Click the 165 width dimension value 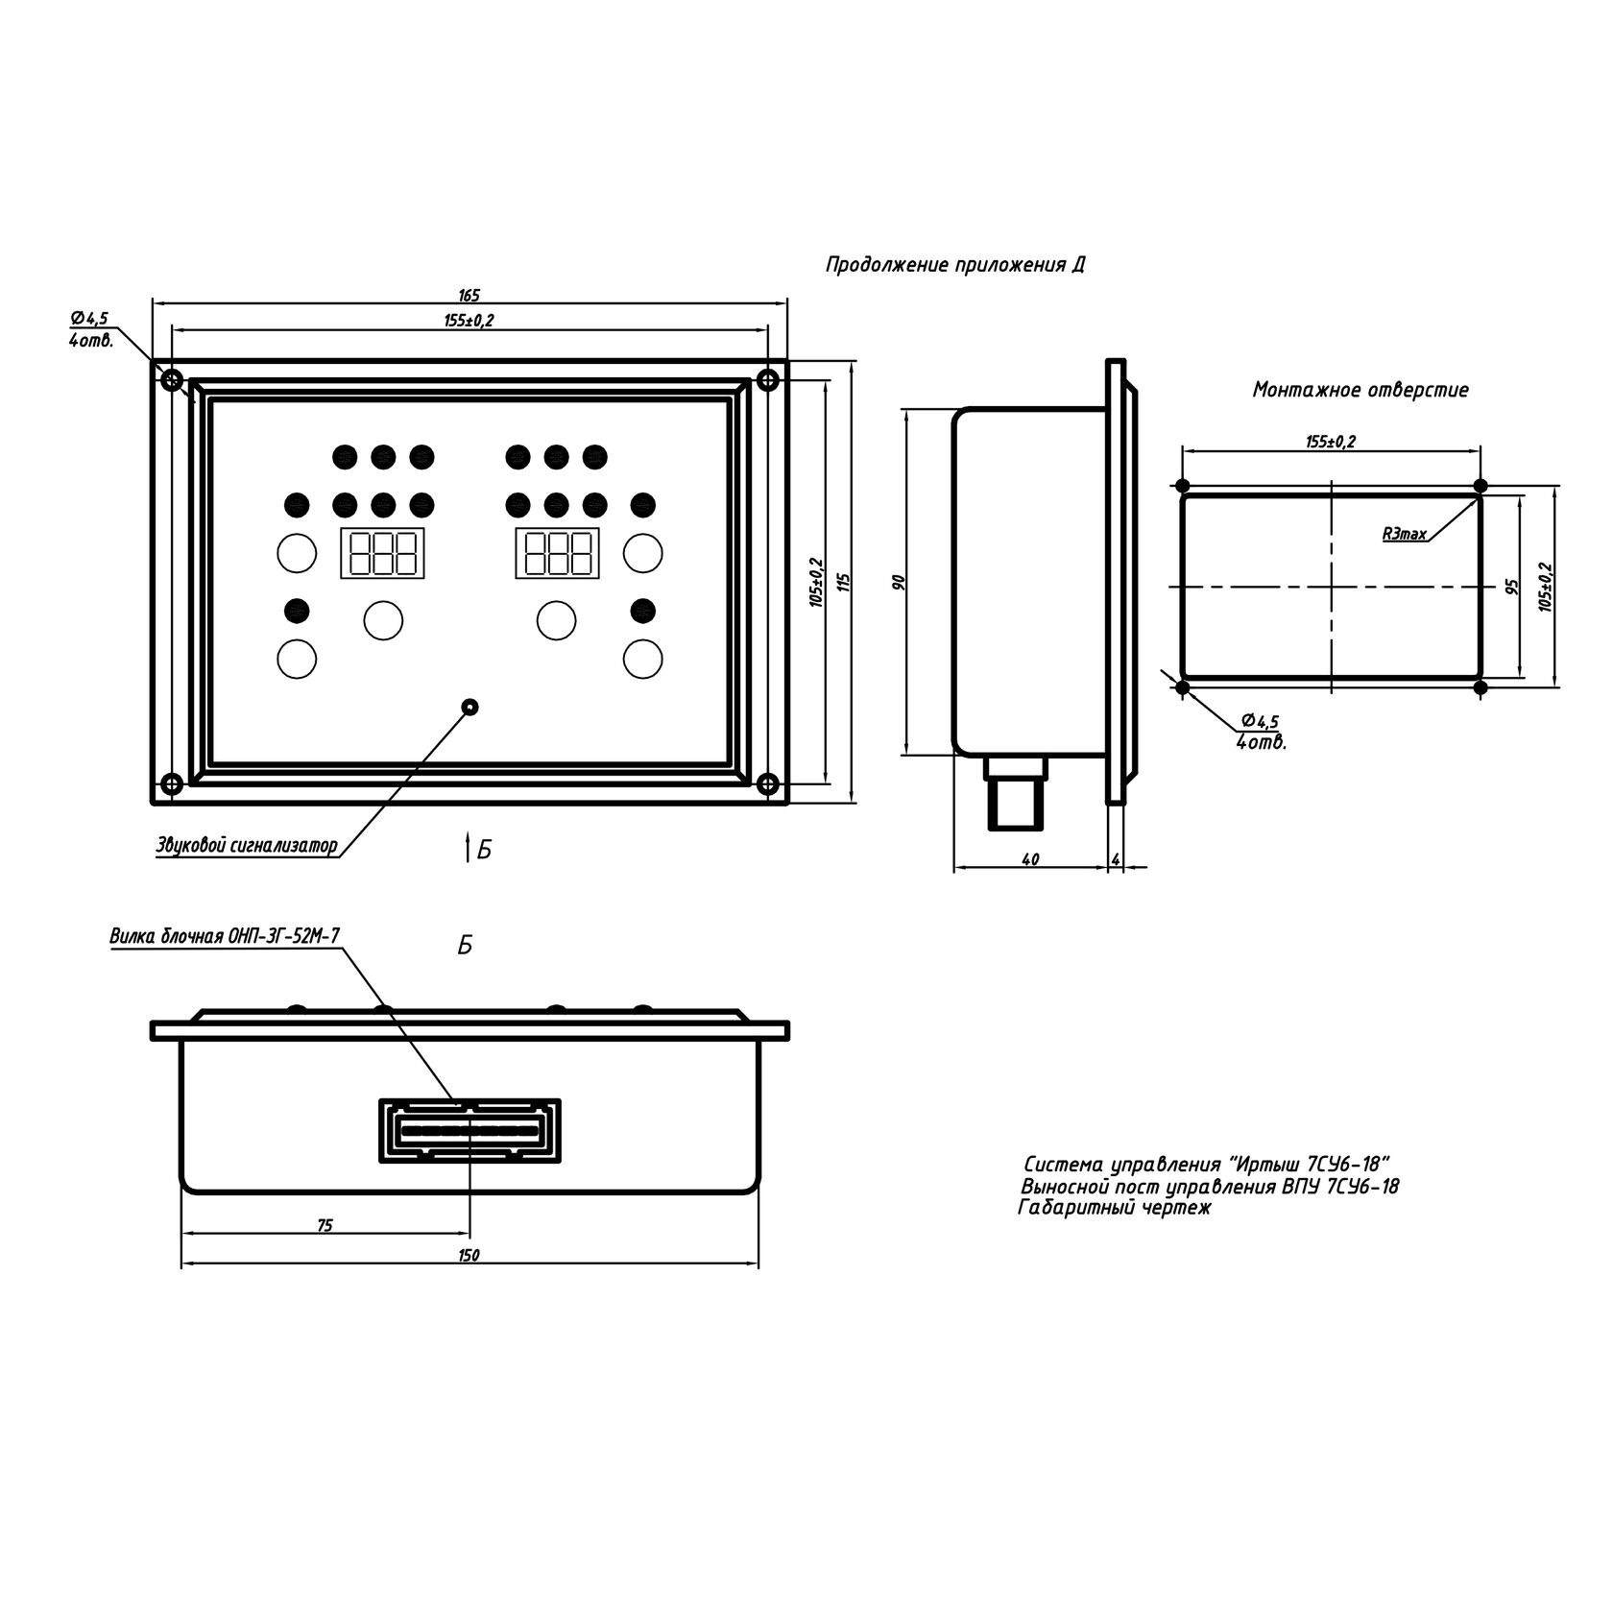pos(469,295)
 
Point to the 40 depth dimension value pos(1030,860)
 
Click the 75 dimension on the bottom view pos(325,1225)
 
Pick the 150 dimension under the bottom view pos(469,1256)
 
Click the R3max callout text pos(1404,534)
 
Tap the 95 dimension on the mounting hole pos(1512,587)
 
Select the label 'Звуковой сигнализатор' pos(247,847)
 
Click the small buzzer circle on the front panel pos(469,707)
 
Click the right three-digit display pos(558,552)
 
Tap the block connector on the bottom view pos(469,1130)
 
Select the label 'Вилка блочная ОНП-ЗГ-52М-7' pos(225,937)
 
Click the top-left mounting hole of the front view pos(171,380)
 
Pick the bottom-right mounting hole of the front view pos(767,784)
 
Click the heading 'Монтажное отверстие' pos(1360,391)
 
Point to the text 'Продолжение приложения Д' pos(955,265)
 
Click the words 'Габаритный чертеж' pos(1115,1209)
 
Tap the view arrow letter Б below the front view pos(484,850)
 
